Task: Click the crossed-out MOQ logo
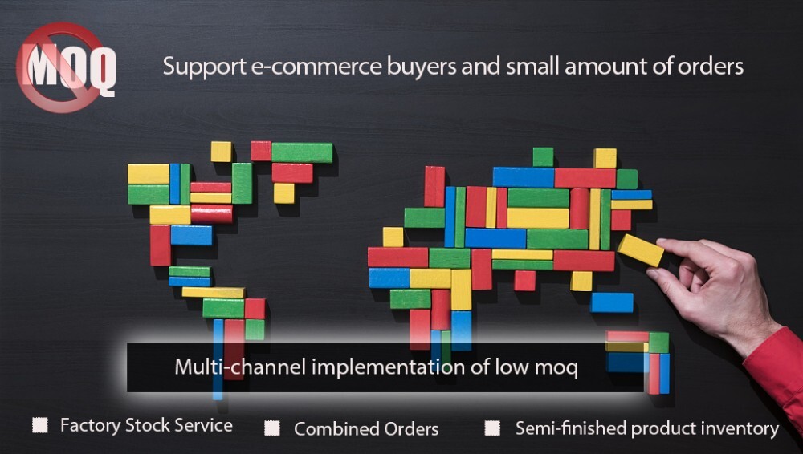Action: (66, 67)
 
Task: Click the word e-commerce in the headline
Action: (316, 67)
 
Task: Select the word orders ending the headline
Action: (711, 67)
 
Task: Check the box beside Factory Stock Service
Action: (40, 424)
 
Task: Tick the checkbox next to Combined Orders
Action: (272, 428)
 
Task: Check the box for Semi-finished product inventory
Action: (493, 428)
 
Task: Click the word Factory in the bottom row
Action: (90, 425)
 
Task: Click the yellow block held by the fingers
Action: (640, 250)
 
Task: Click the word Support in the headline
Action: (204, 67)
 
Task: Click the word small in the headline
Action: (533, 67)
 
